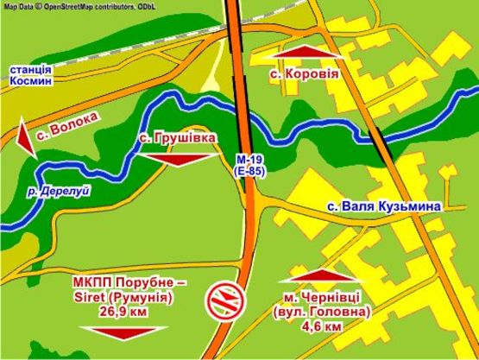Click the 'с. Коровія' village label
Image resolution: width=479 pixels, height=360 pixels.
302,75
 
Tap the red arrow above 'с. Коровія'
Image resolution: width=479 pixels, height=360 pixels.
301,54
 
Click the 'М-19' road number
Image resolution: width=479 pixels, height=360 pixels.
248,161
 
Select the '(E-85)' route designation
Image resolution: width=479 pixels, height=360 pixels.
248,174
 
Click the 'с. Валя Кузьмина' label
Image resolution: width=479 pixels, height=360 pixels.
384,207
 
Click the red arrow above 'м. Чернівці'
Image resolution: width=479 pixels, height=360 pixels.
322,275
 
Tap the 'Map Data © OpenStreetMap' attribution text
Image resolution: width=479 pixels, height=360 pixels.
83,6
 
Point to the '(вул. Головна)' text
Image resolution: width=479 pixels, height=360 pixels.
322,313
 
